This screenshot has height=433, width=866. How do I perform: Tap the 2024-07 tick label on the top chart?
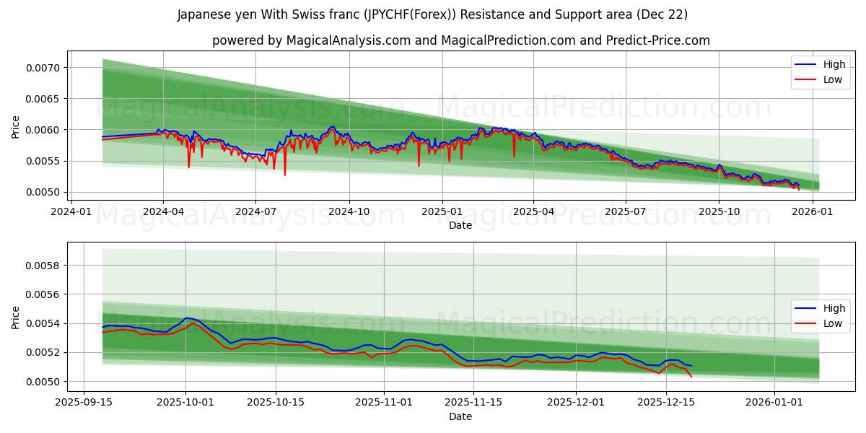pyautogui.click(x=255, y=211)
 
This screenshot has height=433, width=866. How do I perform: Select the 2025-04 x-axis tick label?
pyautogui.click(x=533, y=211)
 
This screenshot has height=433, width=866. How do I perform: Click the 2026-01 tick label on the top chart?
pyautogui.click(x=813, y=211)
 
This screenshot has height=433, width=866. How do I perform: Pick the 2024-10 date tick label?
pyautogui.click(x=349, y=211)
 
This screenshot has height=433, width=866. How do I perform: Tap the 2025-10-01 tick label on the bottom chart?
pyautogui.click(x=185, y=403)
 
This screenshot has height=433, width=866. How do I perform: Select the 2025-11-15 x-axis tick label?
pyautogui.click(x=473, y=403)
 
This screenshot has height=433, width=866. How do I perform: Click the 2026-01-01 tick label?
pyautogui.click(x=774, y=403)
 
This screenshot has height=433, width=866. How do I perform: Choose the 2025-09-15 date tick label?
pyautogui.click(x=84, y=403)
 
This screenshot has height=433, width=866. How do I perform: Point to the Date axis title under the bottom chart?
pyautogui.click(x=460, y=416)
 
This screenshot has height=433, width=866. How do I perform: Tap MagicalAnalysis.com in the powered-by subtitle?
pyautogui.click(x=349, y=40)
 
